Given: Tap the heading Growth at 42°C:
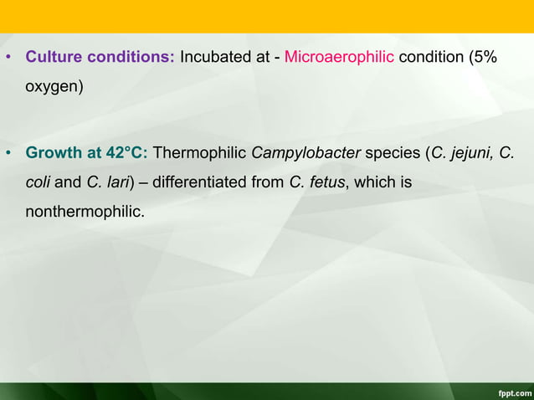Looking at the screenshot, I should tap(87, 154).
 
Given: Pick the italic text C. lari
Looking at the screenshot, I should tap(108, 181).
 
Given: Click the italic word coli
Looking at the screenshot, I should tap(39, 181).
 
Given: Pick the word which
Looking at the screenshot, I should tap(371, 181).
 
